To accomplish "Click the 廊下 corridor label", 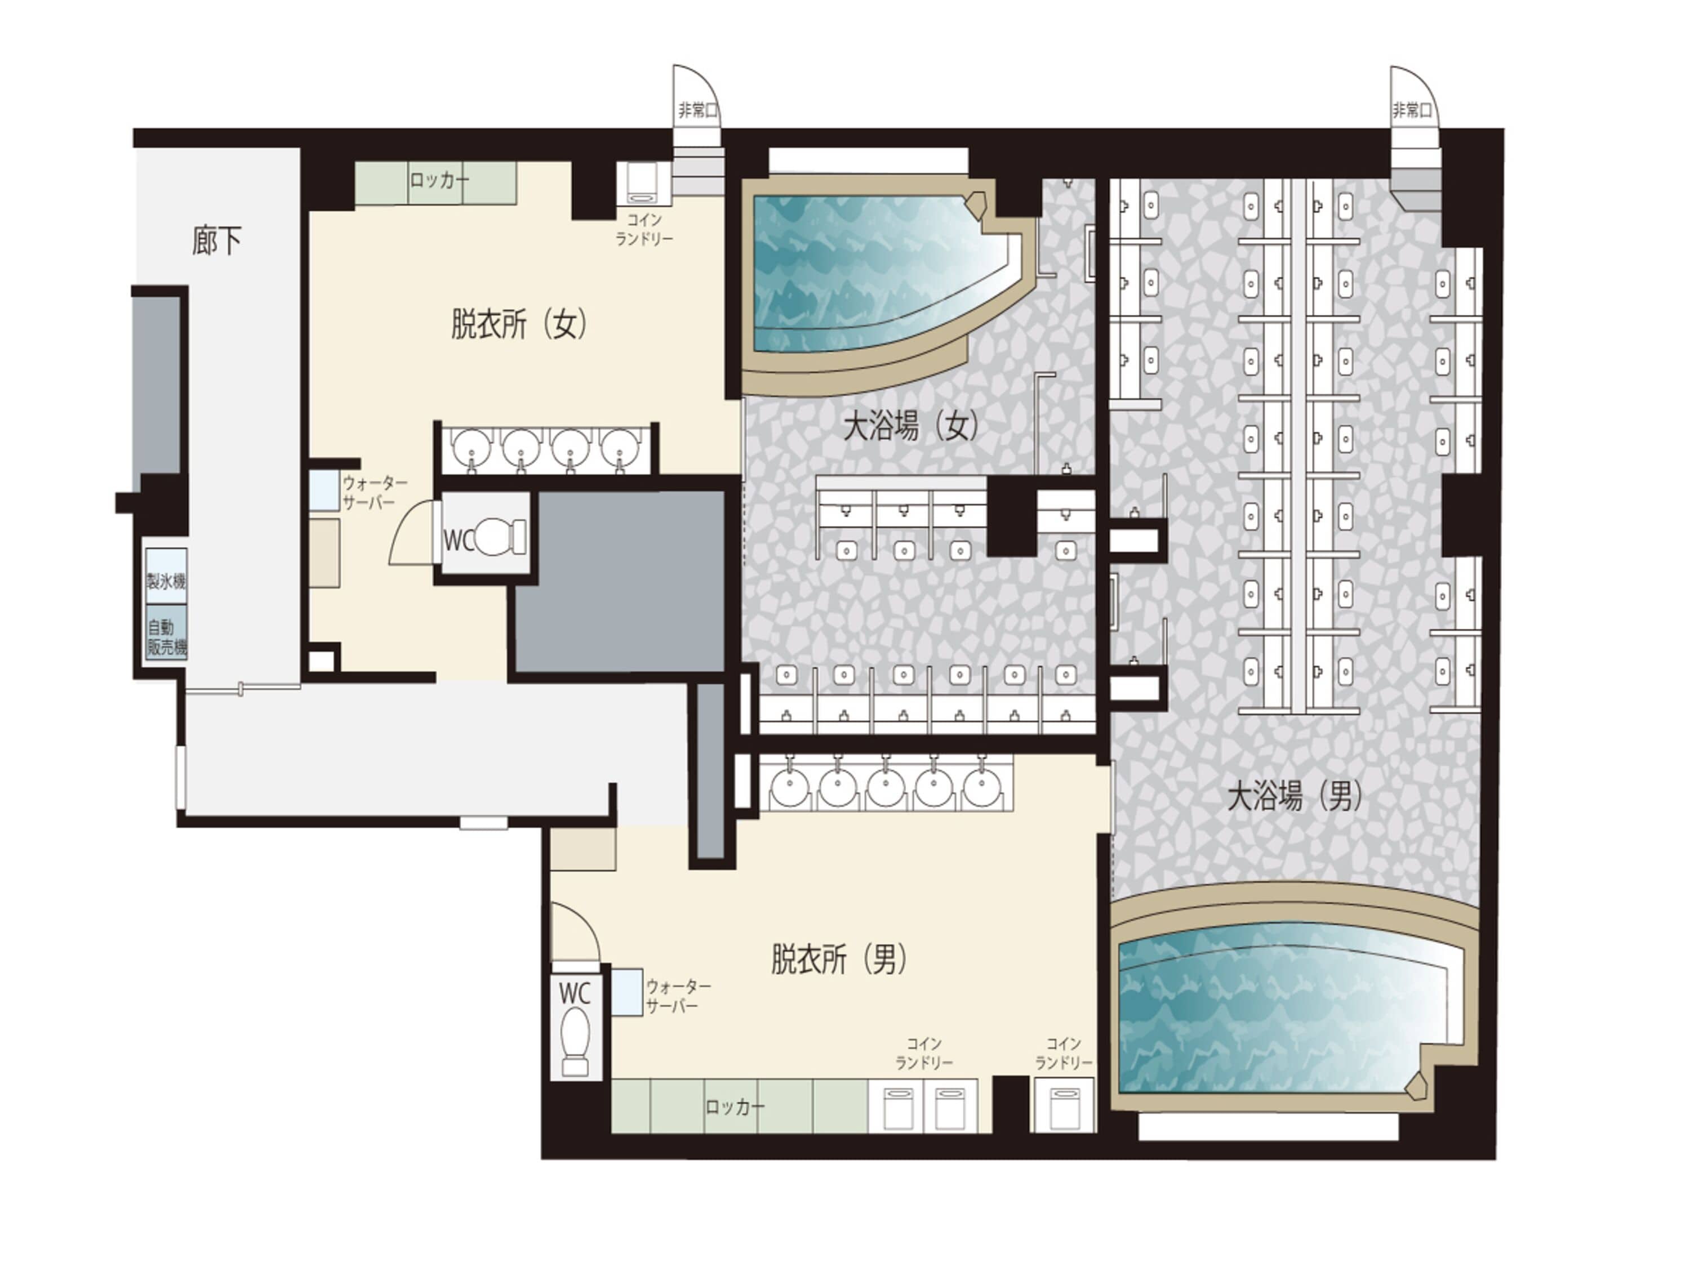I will coord(217,242).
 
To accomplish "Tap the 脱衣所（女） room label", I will coord(519,324).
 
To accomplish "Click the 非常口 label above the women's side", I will coord(697,111).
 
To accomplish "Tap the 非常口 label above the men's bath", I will coord(1411,111).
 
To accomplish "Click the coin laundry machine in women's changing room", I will coord(643,183).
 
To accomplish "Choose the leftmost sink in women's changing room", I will coord(472,448).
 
